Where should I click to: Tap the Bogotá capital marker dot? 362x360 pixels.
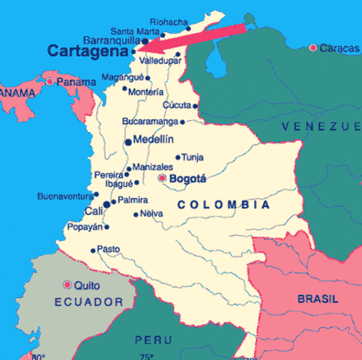point(162,178)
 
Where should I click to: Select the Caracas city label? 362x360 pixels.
point(334,48)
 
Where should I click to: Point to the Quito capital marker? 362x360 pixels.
point(67,285)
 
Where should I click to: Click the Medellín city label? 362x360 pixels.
point(153,139)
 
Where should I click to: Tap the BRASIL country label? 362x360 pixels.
point(317,298)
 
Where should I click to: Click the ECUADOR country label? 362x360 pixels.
point(88,301)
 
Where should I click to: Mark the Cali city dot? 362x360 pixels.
point(107,203)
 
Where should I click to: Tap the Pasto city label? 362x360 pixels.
point(109,249)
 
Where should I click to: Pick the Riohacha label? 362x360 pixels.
point(167,22)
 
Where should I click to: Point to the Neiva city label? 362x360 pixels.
point(152,214)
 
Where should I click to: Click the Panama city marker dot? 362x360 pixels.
point(50,82)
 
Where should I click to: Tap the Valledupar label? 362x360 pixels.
point(160,60)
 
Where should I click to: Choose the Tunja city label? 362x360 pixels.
point(193,157)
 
